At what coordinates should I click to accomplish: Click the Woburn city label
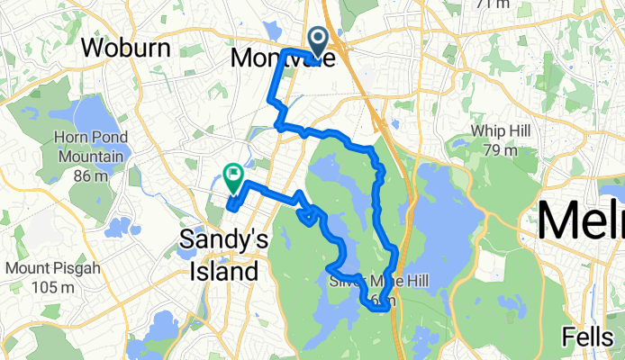[127, 49]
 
